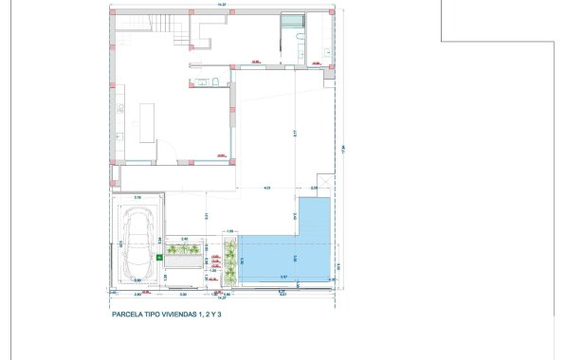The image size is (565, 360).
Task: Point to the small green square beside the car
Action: click(x=157, y=256)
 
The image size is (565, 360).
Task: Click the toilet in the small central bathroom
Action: click(x=217, y=81)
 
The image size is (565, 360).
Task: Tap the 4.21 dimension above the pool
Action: click(x=267, y=188)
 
